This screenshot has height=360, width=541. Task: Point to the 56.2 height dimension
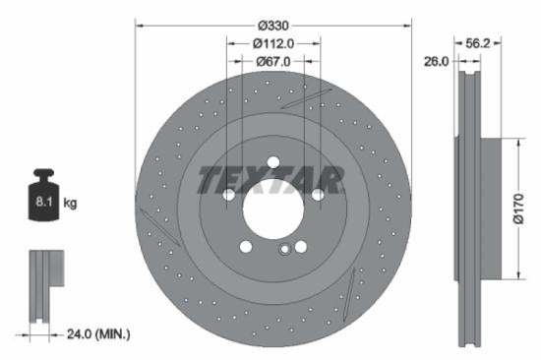point(477,43)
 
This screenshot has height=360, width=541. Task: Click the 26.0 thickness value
point(436,61)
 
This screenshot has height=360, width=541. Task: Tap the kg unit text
point(70,203)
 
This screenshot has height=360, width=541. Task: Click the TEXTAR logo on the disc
point(271,180)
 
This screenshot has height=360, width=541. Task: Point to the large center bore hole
point(271,209)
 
